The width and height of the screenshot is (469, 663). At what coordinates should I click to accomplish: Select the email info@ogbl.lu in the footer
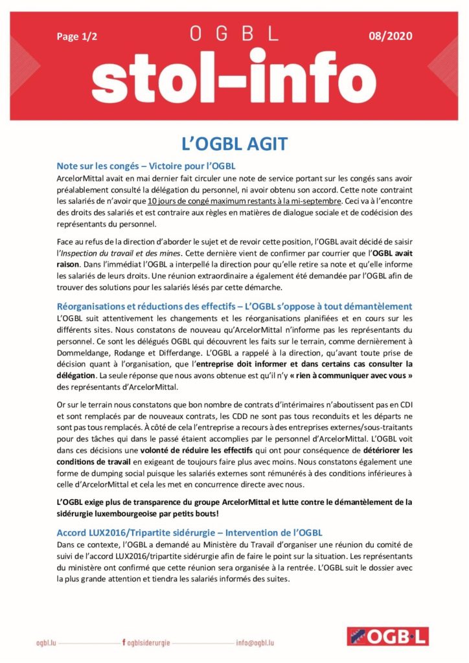pyautogui.click(x=255, y=643)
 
